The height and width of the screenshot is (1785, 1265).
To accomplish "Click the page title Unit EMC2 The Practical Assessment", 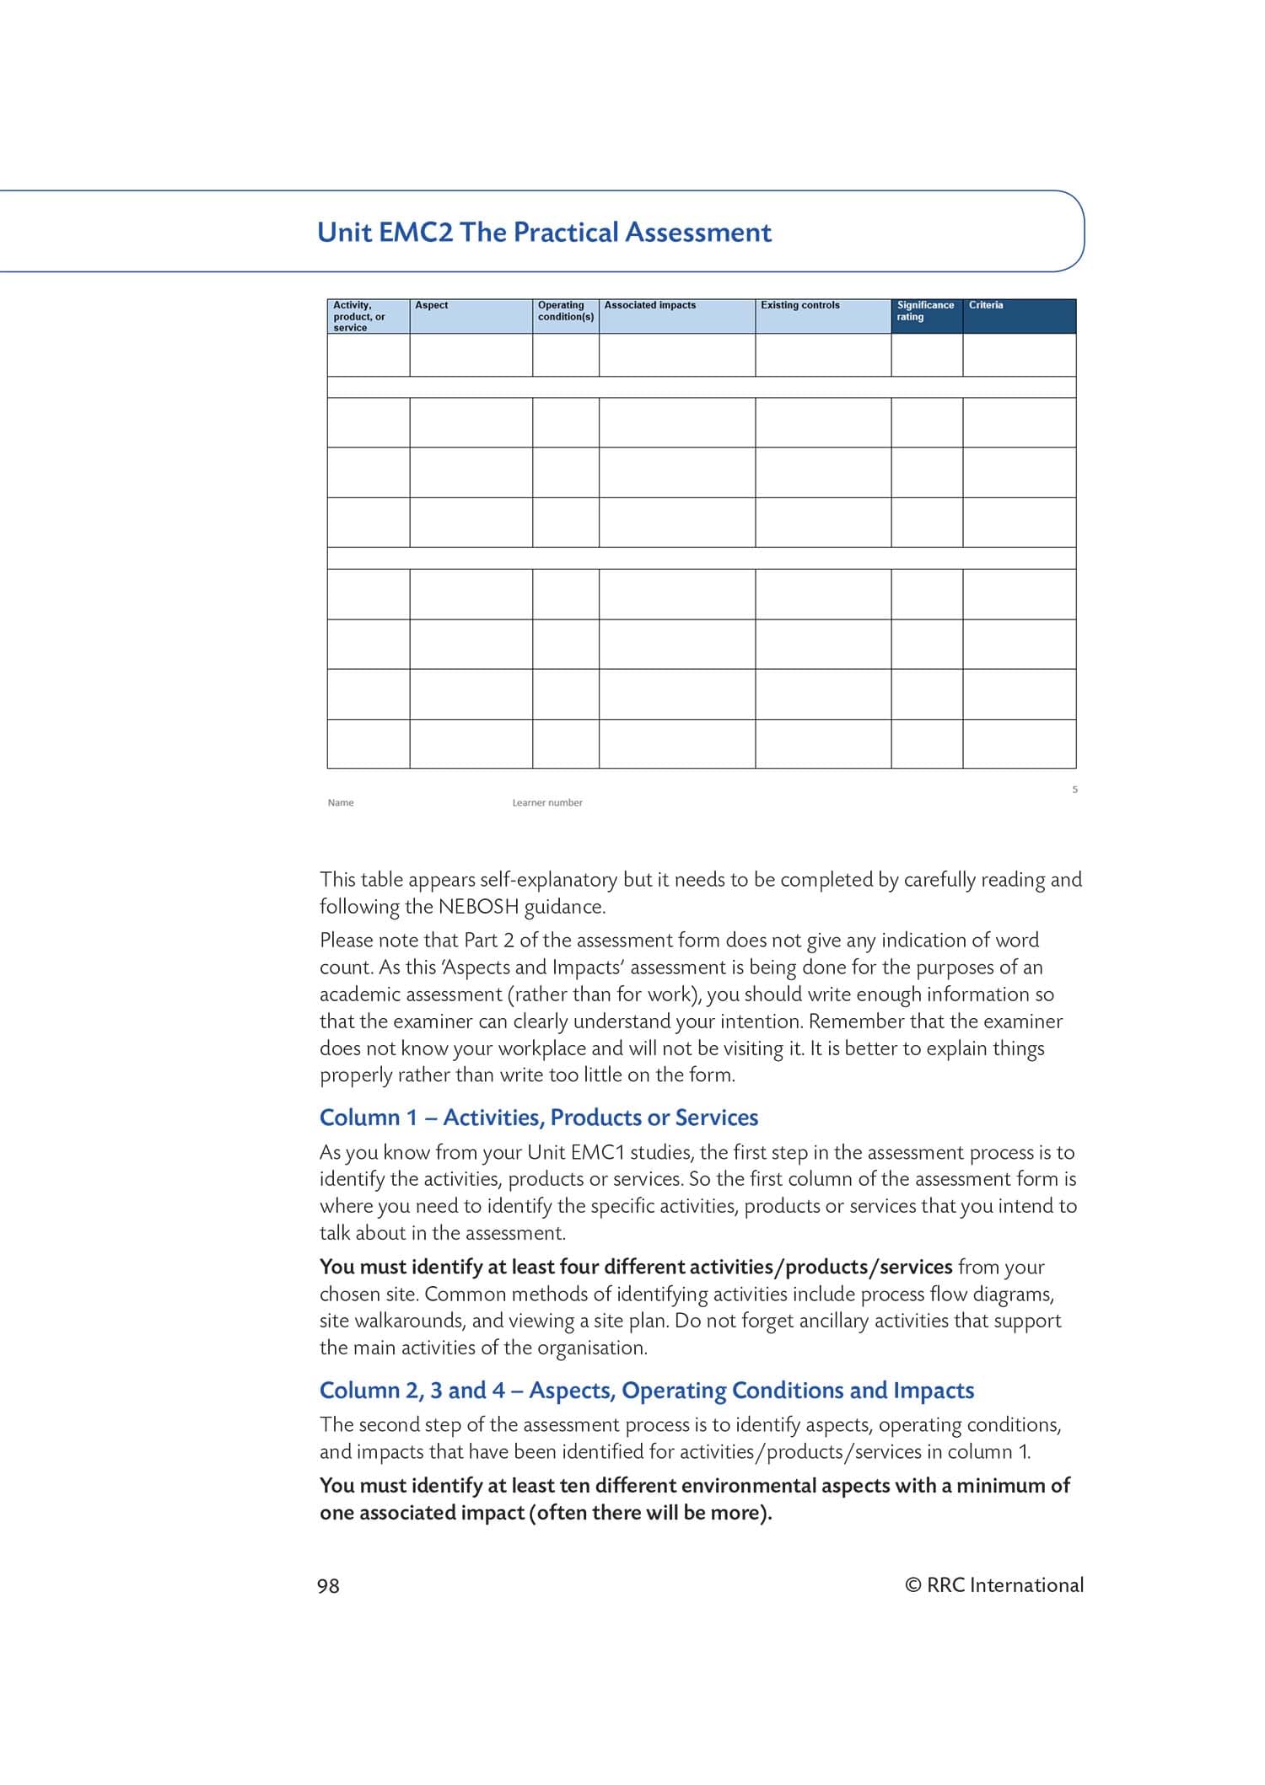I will [x=544, y=233].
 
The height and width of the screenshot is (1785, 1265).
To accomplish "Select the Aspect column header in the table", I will [x=431, y=306].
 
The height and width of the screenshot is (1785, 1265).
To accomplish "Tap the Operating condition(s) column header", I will [x=565, y=311].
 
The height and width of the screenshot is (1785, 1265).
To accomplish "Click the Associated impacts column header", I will [x=649, y=306].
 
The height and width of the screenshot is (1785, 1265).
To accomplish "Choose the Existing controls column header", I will [x=799, y=306].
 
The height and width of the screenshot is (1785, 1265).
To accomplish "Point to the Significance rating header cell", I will [x=925, y=311].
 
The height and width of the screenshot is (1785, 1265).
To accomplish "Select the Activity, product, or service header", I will [x=358, y=316].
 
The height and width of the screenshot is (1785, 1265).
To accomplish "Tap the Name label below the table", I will [x=341, y=803].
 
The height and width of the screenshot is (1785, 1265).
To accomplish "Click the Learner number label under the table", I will [x=547, y=803].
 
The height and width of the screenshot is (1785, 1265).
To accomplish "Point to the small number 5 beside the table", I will [x=1074, y=790].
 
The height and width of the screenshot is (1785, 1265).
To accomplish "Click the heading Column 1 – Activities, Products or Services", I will [x=539, y=1118].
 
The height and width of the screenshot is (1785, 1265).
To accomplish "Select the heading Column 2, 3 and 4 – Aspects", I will [x=647, y=1391].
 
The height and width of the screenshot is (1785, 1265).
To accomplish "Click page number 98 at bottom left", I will [x=328, y=1586].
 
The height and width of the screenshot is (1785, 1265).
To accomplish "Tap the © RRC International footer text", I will [x=993, y=1585].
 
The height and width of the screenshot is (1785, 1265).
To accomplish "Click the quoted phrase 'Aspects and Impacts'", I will [x=533, y=968].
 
